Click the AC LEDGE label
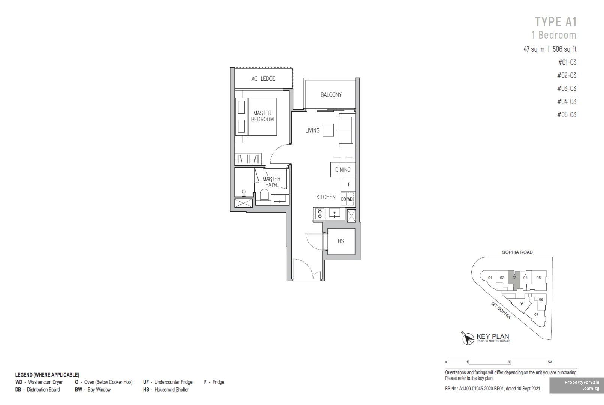click(263, 78)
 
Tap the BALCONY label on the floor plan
click(331, 95)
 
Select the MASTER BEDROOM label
click(262, 116)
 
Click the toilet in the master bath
click(265, 194)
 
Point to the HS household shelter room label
click(341, 241)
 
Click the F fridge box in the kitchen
click(348, 184)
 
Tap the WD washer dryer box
click(350, 199)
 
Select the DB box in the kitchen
click(344, 199)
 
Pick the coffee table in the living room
click(329, 130)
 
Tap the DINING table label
click(343, 170)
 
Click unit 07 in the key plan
click(536, 314)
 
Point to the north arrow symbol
click(468, 338)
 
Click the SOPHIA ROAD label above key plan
click(517, 252)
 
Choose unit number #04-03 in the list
click(567, 102)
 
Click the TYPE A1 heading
click(556, 22)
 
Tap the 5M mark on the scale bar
click(550, 362)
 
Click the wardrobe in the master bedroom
click(248, 159)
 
